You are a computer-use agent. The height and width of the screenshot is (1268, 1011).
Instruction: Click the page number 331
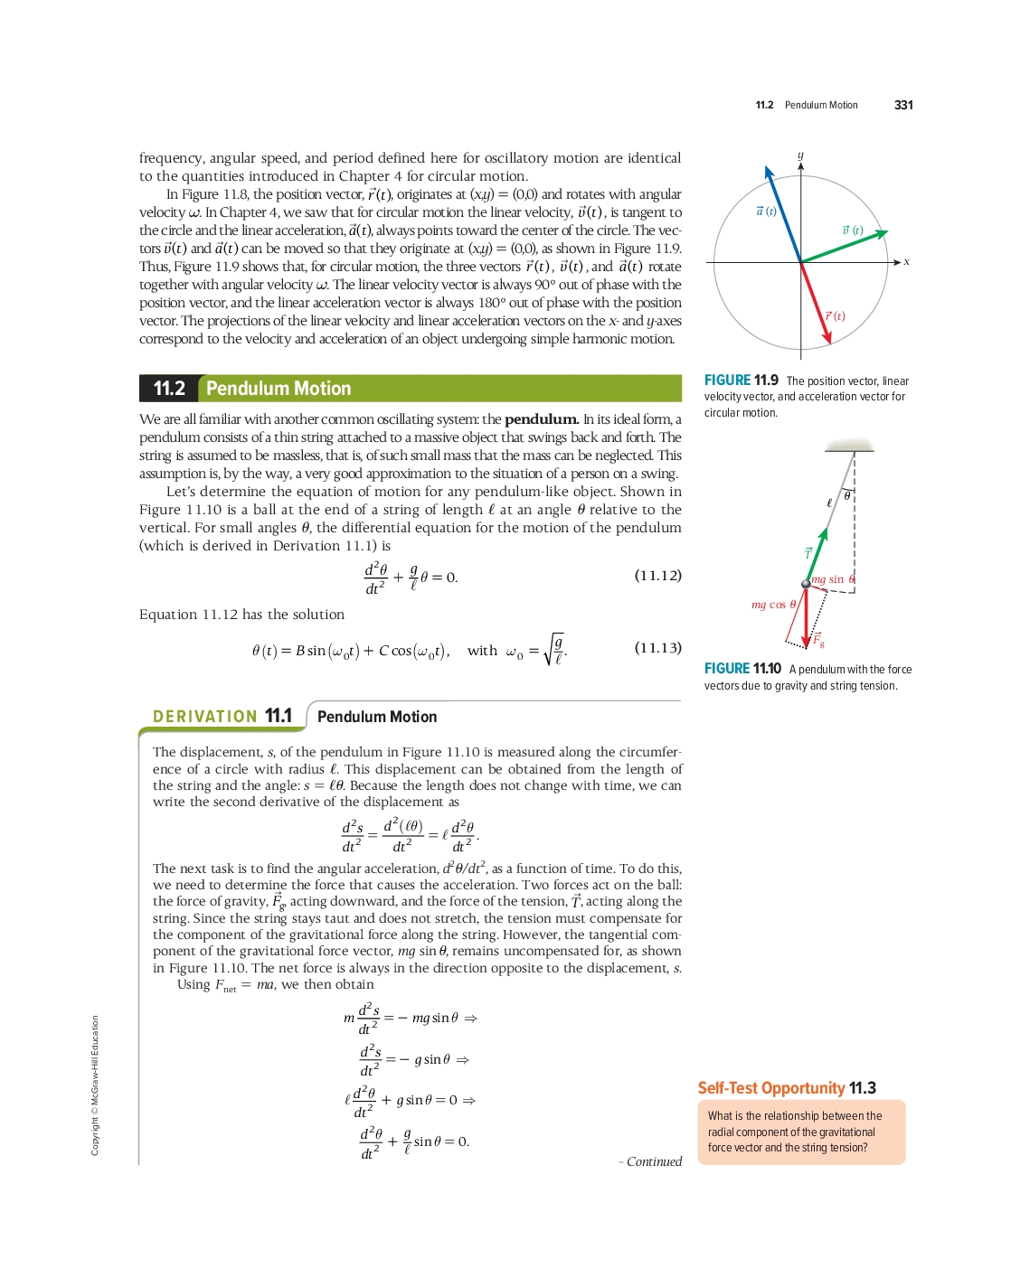(x=903, y=105)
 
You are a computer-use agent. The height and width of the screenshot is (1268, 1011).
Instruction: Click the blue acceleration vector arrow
(x=783, y=215)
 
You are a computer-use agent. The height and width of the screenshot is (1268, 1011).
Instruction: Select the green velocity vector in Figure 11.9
(x=844, y=247)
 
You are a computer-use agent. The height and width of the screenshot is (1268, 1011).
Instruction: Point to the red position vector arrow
(x=816, y=304)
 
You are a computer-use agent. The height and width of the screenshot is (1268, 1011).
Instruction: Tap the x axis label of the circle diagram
(x=906, y=262)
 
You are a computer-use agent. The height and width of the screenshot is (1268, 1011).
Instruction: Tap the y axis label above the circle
(x=800, y=155)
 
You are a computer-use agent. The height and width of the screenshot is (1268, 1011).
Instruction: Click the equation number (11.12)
(x=657, y=576)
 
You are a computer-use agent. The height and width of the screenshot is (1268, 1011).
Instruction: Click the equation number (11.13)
(x=657, y=648)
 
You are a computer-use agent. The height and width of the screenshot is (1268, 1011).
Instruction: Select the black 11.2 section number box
(x=168, y=389)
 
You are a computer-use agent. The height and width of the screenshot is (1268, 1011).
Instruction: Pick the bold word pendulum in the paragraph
(x=541, y=419)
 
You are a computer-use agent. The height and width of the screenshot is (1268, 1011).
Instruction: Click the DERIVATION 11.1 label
(x=222, y=717)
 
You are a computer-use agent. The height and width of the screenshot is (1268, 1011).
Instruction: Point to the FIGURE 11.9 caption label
(x=741, y=380)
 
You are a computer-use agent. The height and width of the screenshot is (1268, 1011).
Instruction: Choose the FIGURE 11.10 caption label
(x=742, y=669)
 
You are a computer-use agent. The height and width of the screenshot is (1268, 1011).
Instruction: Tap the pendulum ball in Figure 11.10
(x=806, y=584)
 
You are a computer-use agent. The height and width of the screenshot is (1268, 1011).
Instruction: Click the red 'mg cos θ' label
(x=773, y=605)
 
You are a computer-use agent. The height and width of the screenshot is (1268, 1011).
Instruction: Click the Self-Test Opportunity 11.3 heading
(x=787, y=1088)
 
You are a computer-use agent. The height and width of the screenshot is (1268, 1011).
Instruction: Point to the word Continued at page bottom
(x=654, y=1162)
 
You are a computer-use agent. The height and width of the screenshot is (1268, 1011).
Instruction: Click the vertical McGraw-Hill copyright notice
(x=95, y=1085)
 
